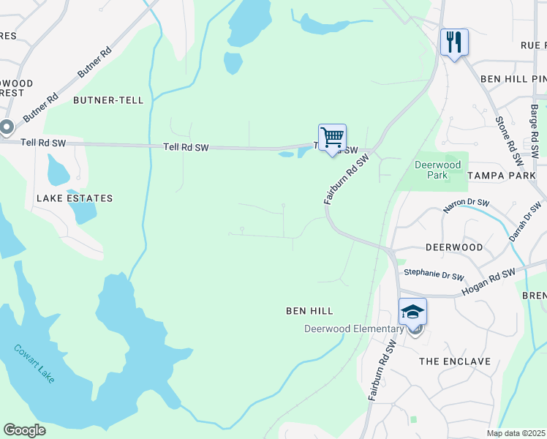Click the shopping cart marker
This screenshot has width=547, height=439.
[332, 138]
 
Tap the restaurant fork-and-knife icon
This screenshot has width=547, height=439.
[454, 42]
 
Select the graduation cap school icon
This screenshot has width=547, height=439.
[412, 312]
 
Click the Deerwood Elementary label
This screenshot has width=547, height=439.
[354, 329]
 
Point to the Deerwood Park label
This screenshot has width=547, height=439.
[437, 170]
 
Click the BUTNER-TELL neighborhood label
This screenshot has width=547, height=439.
[107, 100]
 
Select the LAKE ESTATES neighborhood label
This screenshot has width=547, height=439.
[75, 198]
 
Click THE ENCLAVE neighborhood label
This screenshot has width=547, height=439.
[454, 361]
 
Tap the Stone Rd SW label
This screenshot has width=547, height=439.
[509, 138]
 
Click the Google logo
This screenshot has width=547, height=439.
[24, 430]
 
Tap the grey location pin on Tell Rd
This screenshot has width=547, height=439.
[7, 129]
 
